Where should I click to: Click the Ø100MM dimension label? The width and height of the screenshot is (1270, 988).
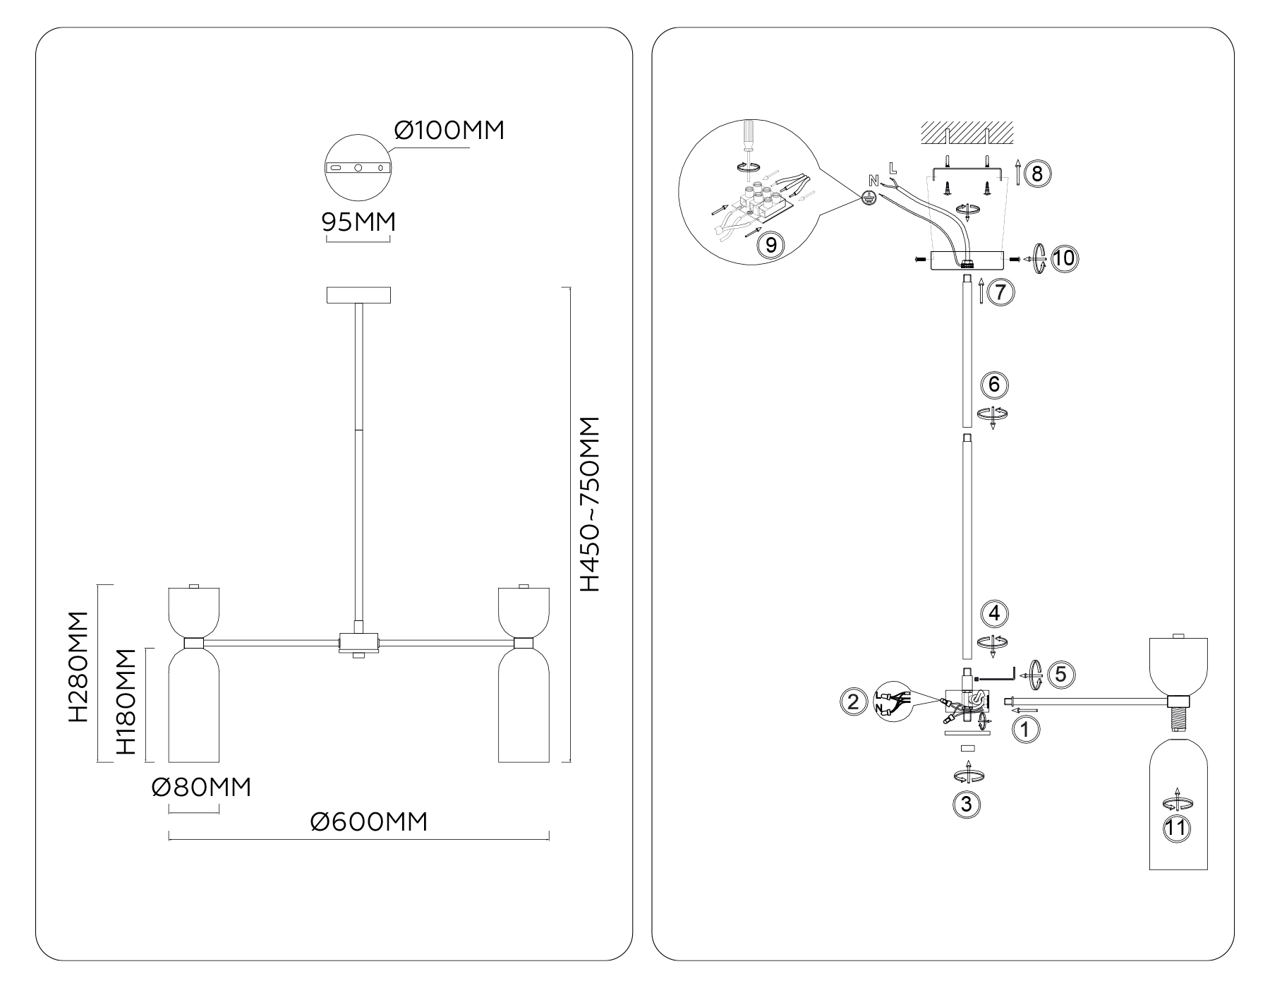pyautogui.click(x=449, y=131)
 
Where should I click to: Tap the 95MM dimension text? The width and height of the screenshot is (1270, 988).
pyautogui.click(x=358, y=222)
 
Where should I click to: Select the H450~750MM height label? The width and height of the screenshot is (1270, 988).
pyautogui.click(x=588, y=504)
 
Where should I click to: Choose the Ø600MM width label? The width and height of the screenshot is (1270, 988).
pyautogui.click(x=368, y=821)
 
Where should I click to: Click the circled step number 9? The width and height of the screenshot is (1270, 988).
pyautogui.click(x=770, y=245)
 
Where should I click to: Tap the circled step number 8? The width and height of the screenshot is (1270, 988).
pyautogui.click(x=1037, y=173)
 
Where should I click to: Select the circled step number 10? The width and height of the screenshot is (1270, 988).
pyautogui.click(x=1065, y=258)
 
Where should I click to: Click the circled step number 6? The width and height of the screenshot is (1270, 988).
pyautogui.click(x=994, y=385)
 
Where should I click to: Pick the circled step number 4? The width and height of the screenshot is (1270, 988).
pyautogui.click(x=994, y=613)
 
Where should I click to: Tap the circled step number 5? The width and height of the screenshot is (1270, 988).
pyautogui.click(x=1061, y=675)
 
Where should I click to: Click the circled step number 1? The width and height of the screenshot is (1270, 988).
pyautogui.click(x=1026, y=729)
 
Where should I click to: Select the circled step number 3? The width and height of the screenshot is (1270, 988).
pyautogui.click(x=967, y=804)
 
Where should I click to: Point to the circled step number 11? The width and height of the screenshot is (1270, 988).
pyautogui.click(x=1175, y=828)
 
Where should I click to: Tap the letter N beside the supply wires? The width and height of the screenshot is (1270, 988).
pyautogui.click(x=874, y=180)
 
